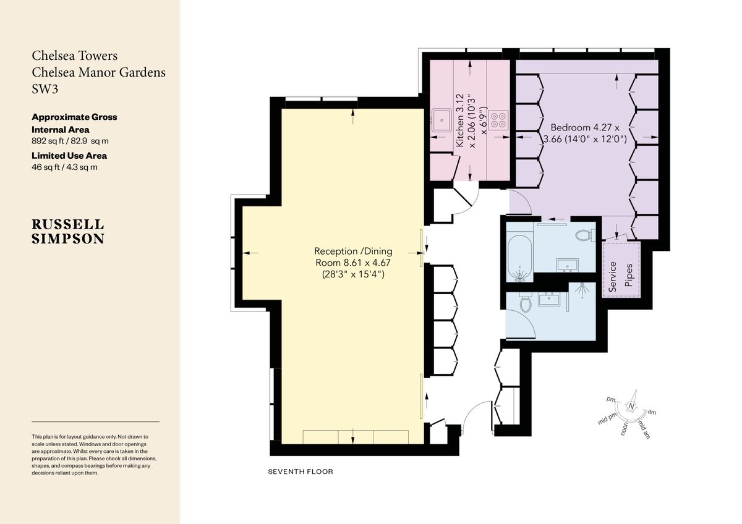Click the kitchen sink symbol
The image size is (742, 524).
441,120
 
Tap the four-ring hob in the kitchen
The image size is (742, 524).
499,120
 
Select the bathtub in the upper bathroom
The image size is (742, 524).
520,258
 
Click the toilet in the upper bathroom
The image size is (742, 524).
586,235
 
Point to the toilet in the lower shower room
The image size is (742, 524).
526,302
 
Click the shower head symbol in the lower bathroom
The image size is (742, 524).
582,290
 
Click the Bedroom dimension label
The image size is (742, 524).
585,133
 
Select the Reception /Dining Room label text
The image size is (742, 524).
353,263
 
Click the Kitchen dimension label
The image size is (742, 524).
471,121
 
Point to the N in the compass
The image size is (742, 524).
631,407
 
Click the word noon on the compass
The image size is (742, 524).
624,428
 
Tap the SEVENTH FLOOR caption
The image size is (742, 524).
301,471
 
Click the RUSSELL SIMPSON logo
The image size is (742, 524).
68,231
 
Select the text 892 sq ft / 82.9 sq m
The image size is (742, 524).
70,141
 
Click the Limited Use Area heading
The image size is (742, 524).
69,156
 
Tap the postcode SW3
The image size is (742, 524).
45,89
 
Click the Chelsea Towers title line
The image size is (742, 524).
75,56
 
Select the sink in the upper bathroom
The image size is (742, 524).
568,265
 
